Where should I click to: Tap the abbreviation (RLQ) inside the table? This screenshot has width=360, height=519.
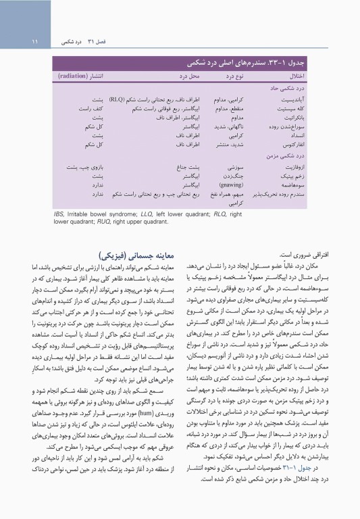(x=121, y=99)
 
